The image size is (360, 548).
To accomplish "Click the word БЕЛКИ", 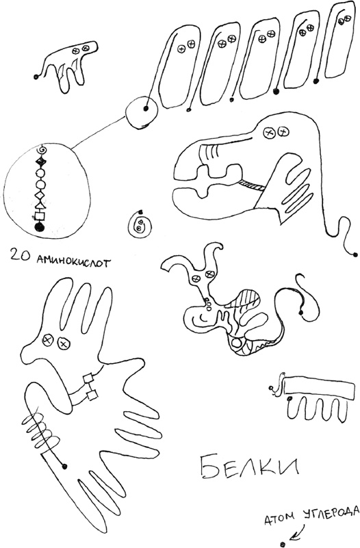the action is click(250, 467).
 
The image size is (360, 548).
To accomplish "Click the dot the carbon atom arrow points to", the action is click(283, 544).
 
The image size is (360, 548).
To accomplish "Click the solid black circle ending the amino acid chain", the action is click(40, 227).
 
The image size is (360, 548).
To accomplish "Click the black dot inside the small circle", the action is click(145, 109).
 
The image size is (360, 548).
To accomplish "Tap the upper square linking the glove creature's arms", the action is click(88, 378).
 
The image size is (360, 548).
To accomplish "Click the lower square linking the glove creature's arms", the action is click(92, 395).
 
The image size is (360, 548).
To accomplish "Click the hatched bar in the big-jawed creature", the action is click(252, 184).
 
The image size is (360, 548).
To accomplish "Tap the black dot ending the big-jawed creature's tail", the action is click(355, 255).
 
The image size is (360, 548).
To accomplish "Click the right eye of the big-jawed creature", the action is click(283, 132).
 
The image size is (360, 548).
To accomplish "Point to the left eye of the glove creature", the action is click(47, 339).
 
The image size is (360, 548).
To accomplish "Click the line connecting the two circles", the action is click(99, 133).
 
